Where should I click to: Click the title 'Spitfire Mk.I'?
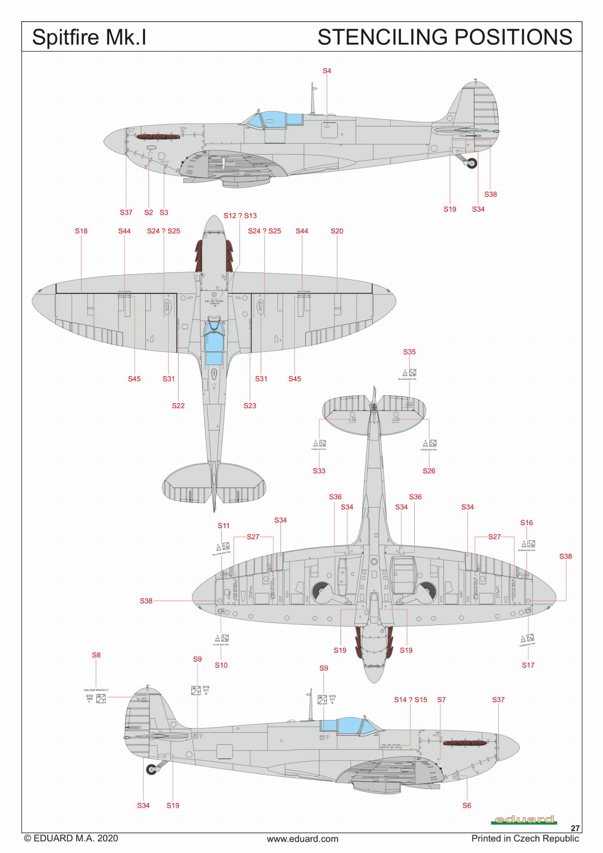pyautogui.click(x=89, y=37)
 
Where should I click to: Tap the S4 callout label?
pyautogui.click(x=327, y=71)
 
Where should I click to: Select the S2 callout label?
pyautogui.click(x=149, y=213)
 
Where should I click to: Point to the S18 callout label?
pyautogui.click(x=81, y=231)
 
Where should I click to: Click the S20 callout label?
pyautogui.click(x=337, y=231)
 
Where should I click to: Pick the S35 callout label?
pyautogui.click(x=409, y=352)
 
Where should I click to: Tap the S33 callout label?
pyautogui.click(x=319, y=471)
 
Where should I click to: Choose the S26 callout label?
pyautogui.click(x=429, y=471)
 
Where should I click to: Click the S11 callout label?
pyautogui.click(x=224, y=525)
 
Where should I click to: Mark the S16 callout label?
pyautogui.click(x=526, y=523)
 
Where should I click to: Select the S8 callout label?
pyautogui.click(x=96, y=655)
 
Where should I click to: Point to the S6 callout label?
pyautogui.click(x=467, y=805)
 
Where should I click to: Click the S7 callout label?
pyautogui.click(x=441, y=700)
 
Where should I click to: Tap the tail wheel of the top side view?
pyautogui.click(x=472, y=163)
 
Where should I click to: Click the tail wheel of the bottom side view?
pyautogui.click(x=151, y=769)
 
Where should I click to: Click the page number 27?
pyautogui.click(x=575, y=828)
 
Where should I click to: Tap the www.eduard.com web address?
pyautogui.click(x=302, y=839)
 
